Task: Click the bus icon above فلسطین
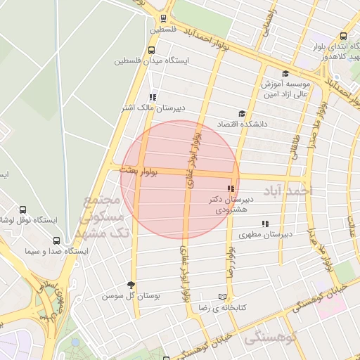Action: (163, 19)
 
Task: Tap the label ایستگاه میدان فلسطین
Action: (153, 60)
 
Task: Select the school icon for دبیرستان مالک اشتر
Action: (152, 98)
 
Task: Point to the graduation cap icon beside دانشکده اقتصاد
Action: (242, 114)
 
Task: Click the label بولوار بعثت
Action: (139, 171)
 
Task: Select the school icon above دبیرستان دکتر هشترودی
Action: (231, 188)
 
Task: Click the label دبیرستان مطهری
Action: (260, 235)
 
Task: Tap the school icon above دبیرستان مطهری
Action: (265, 224)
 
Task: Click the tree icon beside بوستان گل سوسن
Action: (131, 285)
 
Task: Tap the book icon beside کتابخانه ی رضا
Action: (223, 297)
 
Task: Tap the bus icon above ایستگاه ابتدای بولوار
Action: (343, 37)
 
